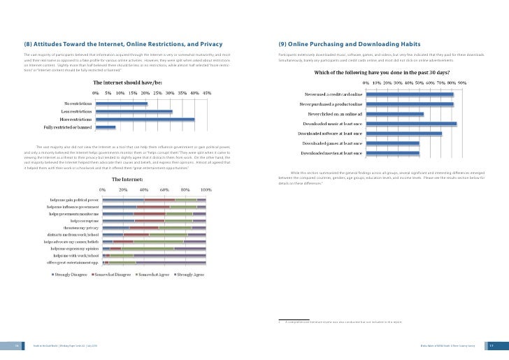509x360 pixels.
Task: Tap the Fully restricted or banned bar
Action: tap(106, 128)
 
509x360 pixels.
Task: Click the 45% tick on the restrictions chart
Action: tap(206, 93)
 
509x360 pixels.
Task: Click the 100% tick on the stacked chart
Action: tap(206, 189)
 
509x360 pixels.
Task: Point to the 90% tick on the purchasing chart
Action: tap(462, 82)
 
